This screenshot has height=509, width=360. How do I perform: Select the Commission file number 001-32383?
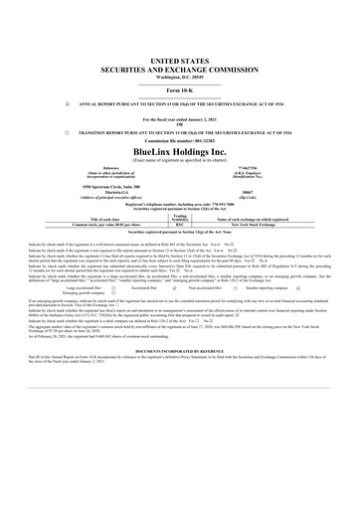pos(179,138)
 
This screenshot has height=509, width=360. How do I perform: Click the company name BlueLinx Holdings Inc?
pos(179,149)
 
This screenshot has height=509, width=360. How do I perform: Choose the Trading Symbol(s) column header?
pos(180,218)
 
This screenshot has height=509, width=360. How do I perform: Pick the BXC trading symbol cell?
pos(180,226)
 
